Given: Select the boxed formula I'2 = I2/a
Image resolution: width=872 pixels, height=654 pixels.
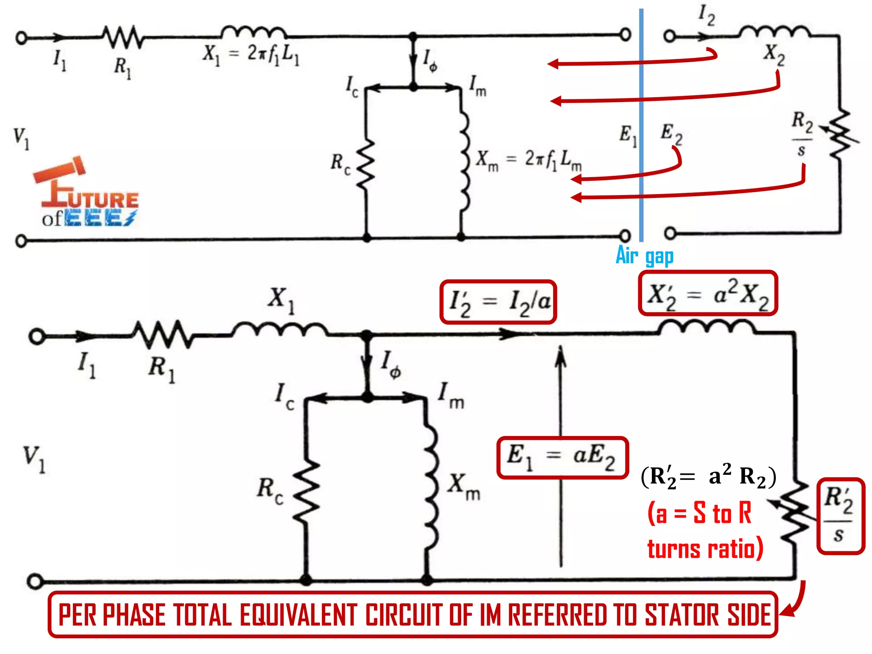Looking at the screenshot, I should pyautogui.click(x=498, y=302).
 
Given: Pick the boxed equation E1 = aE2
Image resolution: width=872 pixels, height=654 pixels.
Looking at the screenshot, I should pyautogui.click(x=562, y=457).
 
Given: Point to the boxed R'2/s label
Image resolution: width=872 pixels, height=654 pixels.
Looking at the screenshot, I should pyautogui.click(x=840, y=516).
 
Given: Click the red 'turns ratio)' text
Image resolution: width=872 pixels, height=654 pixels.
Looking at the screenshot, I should pyautogui.click(x=705, y=549).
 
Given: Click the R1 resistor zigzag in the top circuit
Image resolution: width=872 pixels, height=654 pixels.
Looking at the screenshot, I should pyautogui.click(x=123, y=37).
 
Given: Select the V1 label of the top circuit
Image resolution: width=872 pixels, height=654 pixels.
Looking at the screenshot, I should pyautogui.click(x=21, y=138).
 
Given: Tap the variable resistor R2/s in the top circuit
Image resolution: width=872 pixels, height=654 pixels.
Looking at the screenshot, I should pyautogui.click(x=839, y=134).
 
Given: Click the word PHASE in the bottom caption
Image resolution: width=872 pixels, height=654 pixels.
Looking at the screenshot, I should pyautogui.click(x=134, y=615).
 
